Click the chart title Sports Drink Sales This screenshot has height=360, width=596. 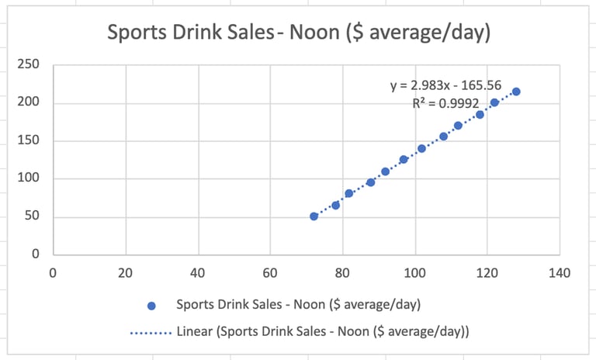[x=300, y=33]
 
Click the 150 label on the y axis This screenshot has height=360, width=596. [x=28, y=140]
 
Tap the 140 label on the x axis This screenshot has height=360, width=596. [x=559, y=273]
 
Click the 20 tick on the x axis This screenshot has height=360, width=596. [x=125, y=273]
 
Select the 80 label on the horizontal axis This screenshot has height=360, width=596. [x=342, y=273]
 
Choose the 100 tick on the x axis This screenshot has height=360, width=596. [x=414, y=273]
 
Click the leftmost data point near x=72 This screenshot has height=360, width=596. [x=314, y=216]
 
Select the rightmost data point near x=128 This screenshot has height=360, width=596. [x=516, y=92]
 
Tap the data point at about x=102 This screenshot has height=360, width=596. [x=421, y=148]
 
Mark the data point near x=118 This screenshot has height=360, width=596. [x=480, y=115]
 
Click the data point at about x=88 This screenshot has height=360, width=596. [x=370, y=182]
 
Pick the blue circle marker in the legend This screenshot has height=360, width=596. [x=151, y=305]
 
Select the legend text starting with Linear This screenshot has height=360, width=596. [x=322, y=331]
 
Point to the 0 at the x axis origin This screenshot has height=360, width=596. [x=53, y=273]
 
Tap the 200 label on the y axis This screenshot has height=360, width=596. [x=28, y=102]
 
